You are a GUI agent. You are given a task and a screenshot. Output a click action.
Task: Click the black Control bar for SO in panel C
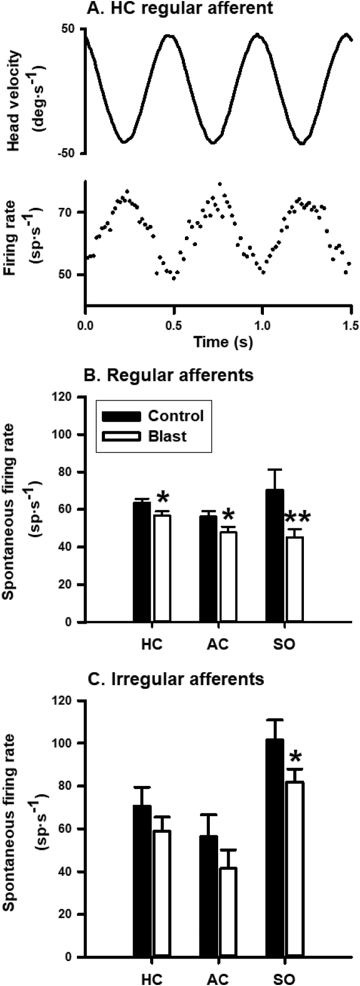coord(275,874)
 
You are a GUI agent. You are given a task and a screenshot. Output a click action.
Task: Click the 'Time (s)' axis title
coord(223,342)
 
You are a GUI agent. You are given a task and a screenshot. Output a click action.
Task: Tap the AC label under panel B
coord(217,644)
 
